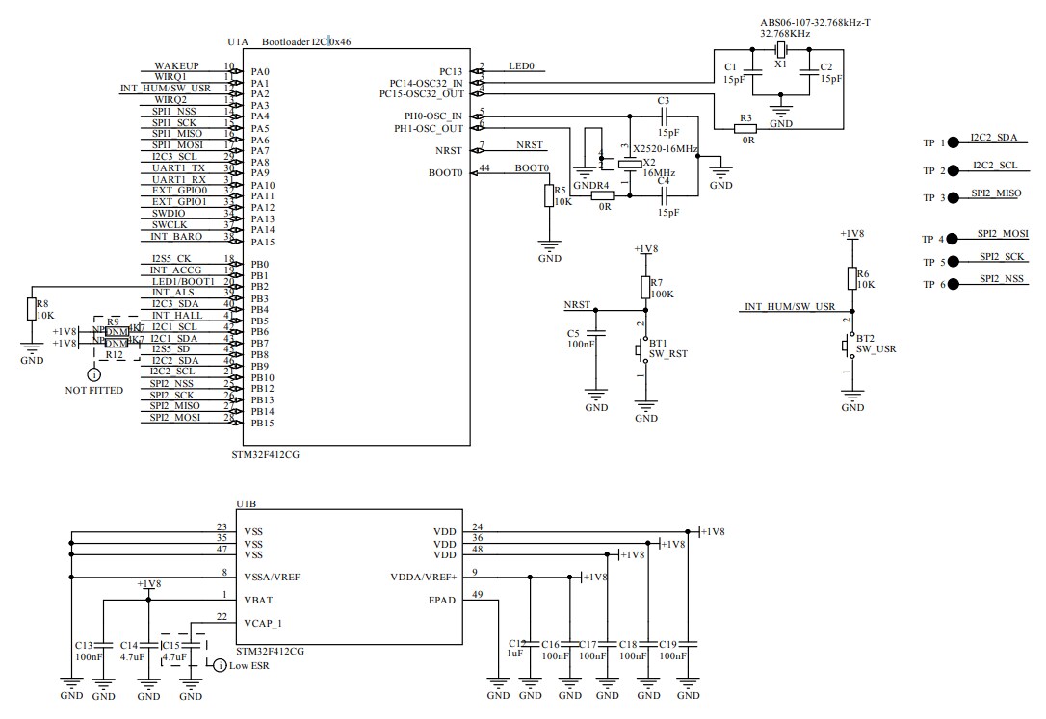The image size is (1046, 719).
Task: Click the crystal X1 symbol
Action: click(781, 51)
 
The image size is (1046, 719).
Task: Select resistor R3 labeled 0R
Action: click(745, 127)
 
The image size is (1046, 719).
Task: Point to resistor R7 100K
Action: click(645, 287)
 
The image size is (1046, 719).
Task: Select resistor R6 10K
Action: click(850, 278)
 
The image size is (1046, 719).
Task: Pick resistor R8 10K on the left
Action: click(31, 309)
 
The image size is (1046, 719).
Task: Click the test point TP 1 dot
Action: click(953, 142)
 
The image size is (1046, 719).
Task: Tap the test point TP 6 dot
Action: click(953, 284)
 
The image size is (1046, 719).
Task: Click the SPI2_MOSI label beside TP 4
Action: click(1002, 234)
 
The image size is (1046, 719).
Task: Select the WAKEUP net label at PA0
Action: click(176, 65)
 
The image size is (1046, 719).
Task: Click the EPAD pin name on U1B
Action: click(443, 599)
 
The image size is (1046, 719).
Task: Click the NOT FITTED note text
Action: click(93, 391)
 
